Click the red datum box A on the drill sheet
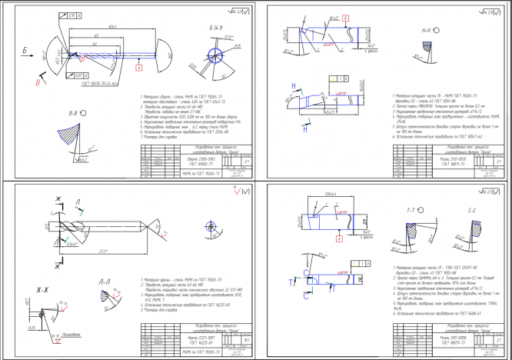(x=138, y=68)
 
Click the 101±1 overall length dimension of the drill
(x=111, y=28)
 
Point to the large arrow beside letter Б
(x=30, y=55)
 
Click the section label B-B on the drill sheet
(x=73, y=112)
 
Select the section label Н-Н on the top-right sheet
(x=427, y=32)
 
